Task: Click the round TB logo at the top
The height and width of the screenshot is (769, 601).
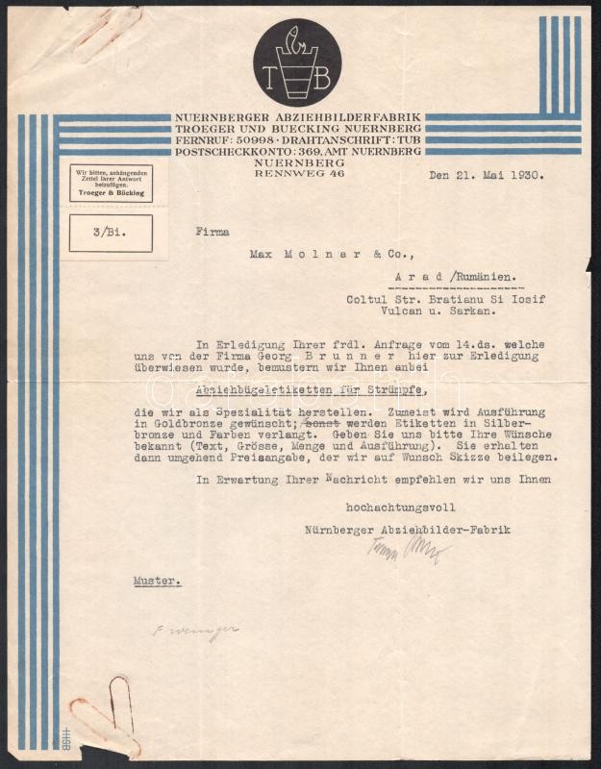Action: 297,62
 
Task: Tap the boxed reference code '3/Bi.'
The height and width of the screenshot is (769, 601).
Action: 110,233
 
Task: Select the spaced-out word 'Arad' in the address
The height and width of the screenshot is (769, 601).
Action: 414,278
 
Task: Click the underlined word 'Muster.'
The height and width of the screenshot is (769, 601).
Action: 157,582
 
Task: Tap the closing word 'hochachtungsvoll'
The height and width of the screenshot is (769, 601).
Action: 400,507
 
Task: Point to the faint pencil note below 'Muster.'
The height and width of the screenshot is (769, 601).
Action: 195,633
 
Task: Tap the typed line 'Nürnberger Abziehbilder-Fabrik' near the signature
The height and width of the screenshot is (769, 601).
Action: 407,530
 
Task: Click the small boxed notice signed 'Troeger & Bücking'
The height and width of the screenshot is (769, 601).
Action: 110,183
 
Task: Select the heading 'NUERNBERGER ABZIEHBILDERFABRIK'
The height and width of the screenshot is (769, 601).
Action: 297,117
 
